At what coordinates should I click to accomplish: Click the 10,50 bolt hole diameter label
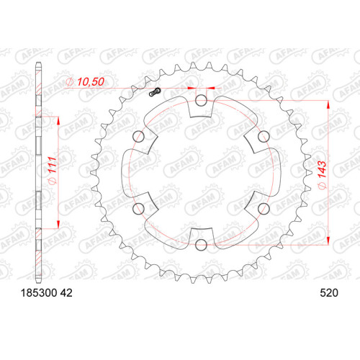[x=91, y=82]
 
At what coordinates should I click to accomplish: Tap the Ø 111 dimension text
[x=53, y=171]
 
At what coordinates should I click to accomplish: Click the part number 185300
[x=39, y=293]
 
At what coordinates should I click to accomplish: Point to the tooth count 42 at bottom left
[x=66, y=293]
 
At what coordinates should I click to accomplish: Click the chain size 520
[x=329, y=293]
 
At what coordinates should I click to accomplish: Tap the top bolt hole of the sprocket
[x=201, y=100]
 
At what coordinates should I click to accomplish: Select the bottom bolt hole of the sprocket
[x=201, y=245]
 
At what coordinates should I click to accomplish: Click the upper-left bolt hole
[x=138, y=137]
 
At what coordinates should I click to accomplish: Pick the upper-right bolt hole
[x=264, y=137]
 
